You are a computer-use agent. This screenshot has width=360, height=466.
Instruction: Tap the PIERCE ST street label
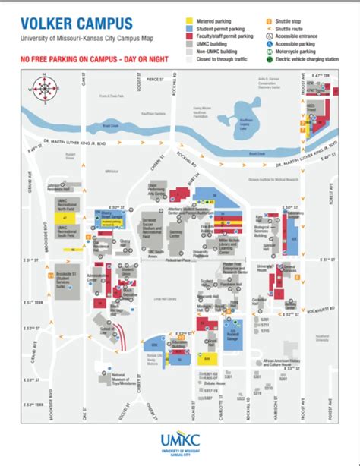155,77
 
